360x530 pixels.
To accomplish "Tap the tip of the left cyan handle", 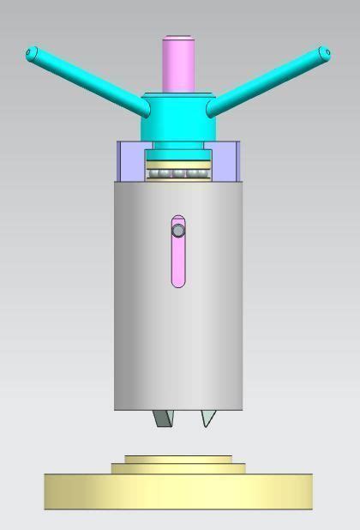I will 33,54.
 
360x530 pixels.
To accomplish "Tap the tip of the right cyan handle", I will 324,53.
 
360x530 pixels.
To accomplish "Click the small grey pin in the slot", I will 177,230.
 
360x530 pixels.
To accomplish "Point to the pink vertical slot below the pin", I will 177,262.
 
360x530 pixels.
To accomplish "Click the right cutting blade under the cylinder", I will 207,418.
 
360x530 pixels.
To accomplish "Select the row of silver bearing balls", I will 178,174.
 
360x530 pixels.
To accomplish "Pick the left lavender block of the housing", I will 131,161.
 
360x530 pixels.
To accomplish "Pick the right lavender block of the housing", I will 225,161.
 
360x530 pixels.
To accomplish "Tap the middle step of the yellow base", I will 177,468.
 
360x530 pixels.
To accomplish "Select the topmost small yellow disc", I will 177,459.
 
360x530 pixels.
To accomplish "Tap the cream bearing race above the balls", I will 178,163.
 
